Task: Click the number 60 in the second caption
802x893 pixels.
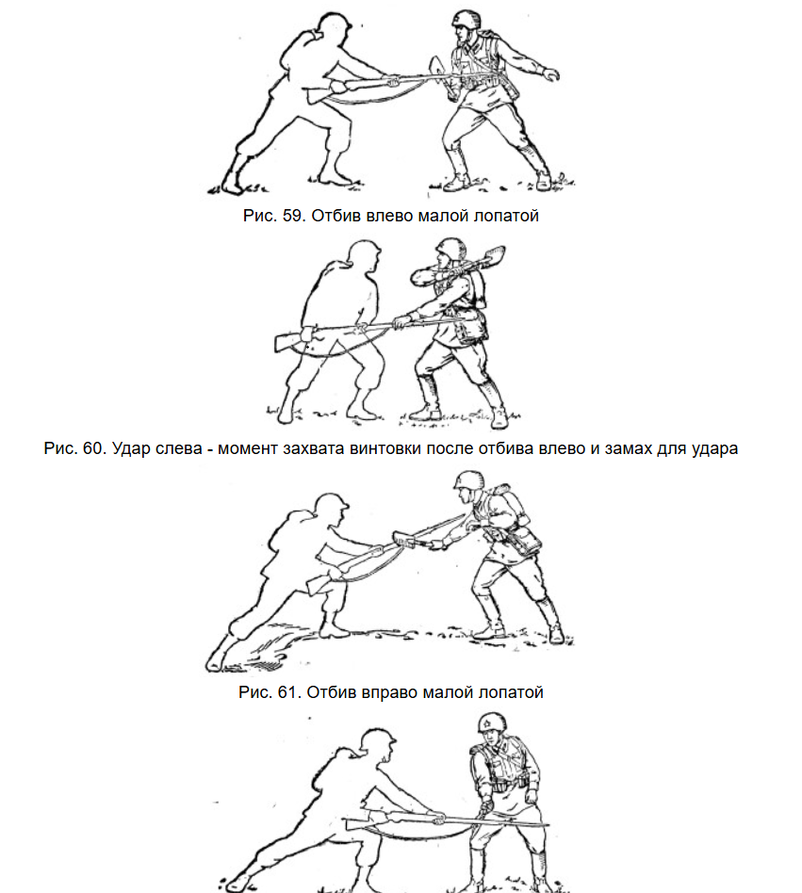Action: click(93, 448)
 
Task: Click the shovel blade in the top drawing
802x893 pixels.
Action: click(440, 73)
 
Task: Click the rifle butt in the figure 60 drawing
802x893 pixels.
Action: click(287, 341)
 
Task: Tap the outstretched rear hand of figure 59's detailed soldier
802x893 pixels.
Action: click(550, 74)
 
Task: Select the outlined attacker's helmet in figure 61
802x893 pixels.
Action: click(331, 505)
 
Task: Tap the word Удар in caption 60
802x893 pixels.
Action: click(131, 448)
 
